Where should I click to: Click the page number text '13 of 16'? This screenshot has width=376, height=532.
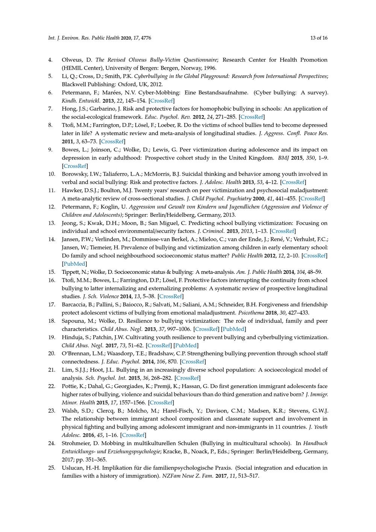coord(319,38)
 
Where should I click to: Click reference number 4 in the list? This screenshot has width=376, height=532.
coord(50,60)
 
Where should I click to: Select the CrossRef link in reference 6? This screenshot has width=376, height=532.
coord(162,101)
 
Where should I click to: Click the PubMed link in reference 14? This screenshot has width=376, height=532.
coord(74,264)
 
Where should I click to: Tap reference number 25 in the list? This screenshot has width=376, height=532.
coord(52,468)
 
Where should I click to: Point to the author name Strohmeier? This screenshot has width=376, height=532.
coord(76,443)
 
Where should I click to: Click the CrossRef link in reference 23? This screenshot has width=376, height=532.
coord(133,435)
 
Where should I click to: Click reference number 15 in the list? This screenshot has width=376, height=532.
coord(52,272)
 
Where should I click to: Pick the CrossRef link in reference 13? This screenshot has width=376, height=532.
coord(283,231)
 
